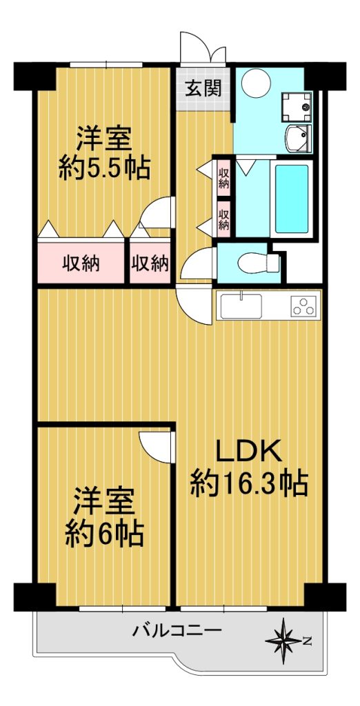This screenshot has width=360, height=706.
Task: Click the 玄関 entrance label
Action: click(x=204, y=89)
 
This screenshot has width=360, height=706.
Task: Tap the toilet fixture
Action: click(x=259, y=263)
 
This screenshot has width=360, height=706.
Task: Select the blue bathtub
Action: click(x=292, y=198)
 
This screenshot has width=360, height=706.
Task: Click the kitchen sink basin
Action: click(x=241, y=305)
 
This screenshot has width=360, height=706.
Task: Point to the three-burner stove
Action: click(x=303, y=305)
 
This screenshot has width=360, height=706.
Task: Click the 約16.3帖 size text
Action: click(x=249, y=483)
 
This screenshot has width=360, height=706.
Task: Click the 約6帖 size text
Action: click(x=105, y=534)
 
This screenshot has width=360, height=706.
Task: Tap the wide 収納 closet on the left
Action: click(x=81, y=263)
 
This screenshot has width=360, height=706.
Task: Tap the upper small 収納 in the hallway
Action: click(x=223, y=176)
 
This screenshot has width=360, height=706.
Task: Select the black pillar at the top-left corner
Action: click(x=34, y=76)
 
